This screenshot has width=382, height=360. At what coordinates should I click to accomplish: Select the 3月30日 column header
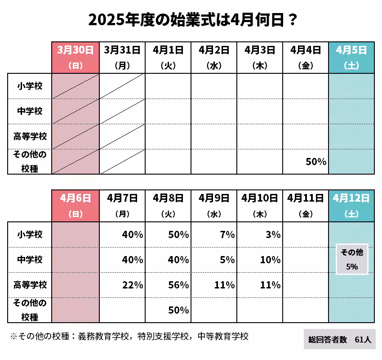click(75, 57)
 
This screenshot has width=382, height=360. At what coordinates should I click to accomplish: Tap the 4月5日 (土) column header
click(351, 57)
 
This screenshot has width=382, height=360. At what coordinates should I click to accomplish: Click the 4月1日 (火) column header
click(168, 57)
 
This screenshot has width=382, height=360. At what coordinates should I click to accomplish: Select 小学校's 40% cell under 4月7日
click(132, 234)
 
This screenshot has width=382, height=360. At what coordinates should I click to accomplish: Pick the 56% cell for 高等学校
click(178, 285)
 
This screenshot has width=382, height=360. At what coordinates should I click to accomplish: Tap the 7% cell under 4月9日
click(227, 234)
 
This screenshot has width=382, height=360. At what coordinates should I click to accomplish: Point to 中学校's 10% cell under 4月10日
click(270, 260)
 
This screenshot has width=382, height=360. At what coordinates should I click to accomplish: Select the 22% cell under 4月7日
click(132, 285)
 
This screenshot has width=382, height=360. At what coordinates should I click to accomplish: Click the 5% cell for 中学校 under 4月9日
click(227, 260)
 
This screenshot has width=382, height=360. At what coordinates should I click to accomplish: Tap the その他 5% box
click(352, 260)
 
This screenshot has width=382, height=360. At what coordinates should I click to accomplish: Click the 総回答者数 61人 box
click(339, 340)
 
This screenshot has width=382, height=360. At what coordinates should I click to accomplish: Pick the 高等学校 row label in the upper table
click(30, 136)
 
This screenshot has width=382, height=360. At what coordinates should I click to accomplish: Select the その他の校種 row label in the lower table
click(30, 310)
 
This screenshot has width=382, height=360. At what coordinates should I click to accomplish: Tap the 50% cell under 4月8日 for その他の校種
click(178, 310)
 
